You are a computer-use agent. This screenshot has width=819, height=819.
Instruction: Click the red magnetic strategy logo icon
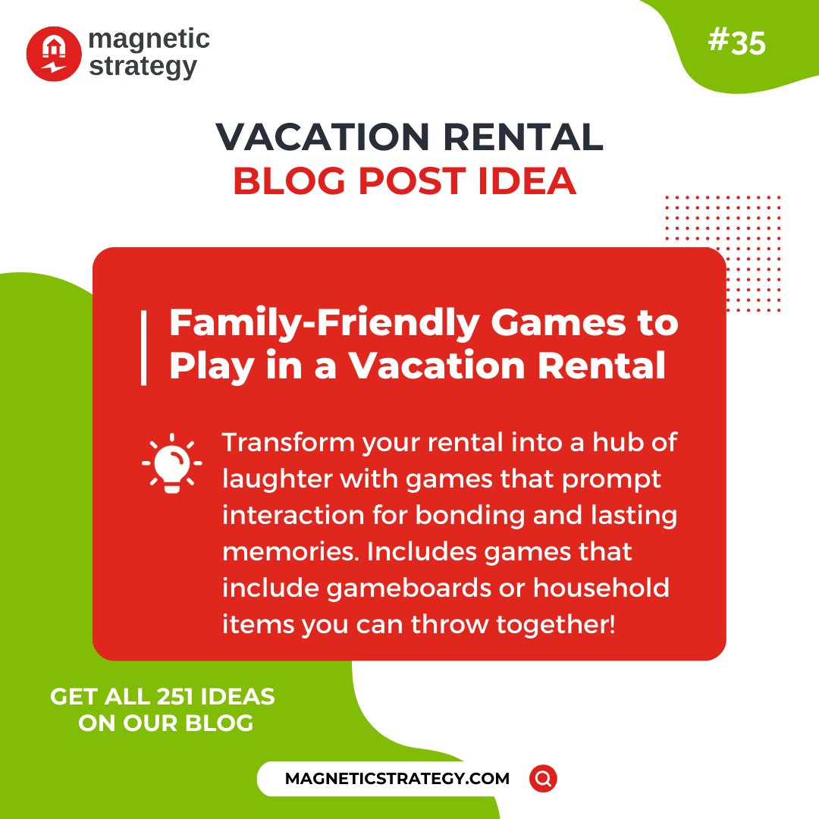click(x=53, y=54)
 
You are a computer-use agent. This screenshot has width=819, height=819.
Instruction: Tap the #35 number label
click(x=736, y=43)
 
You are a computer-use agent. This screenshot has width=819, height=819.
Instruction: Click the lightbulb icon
click(x=172, y=463)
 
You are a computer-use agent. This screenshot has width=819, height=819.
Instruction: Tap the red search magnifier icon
click(x=543, y=778)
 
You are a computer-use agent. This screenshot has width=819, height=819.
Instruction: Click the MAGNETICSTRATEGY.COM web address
click(x=397, y=779)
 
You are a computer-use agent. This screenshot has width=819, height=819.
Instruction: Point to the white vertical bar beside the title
click(x=143, y=347)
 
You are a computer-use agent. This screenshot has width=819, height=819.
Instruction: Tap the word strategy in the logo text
click(x=143, y=66)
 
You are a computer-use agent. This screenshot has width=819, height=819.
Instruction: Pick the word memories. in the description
click(x=290, y=552)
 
